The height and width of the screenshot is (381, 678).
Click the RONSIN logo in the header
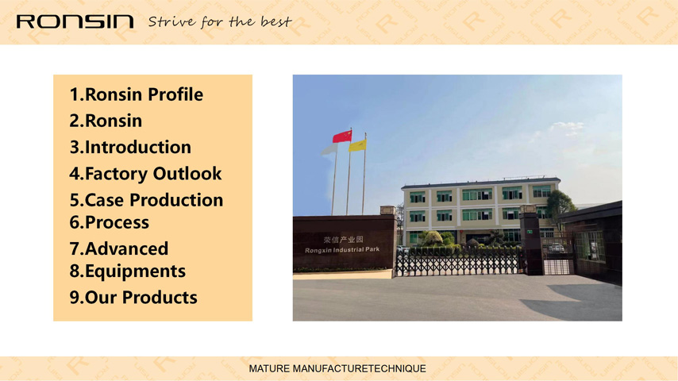tap(75, 21)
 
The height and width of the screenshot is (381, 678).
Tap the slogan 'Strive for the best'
tap(220, 21)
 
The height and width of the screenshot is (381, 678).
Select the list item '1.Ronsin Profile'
tap(137, 94)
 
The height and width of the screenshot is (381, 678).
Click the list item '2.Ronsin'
tap(106, 121)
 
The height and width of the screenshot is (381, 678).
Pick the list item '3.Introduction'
tap(130, 147)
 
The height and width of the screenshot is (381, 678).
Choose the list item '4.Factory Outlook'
tap(145, 173)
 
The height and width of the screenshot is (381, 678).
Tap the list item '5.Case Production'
tap(146, 200)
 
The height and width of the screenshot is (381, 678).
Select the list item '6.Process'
tap(109, 222)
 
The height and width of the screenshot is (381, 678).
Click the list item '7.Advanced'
tap(119, 248)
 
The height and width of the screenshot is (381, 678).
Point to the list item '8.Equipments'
tap(128, 271)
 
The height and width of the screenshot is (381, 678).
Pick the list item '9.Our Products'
tap(133, 298)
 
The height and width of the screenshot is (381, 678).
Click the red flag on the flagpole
tap(342, 137)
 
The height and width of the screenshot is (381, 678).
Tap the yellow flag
tap(357, 145)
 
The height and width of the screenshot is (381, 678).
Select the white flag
tap(329, 150)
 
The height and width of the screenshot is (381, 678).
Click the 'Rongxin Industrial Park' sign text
tap(342, 250)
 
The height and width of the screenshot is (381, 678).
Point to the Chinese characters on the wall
tap(343, 240)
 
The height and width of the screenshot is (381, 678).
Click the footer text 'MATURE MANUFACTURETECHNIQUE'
tap(337, 368)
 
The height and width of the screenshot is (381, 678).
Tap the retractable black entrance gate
tap(458, 262)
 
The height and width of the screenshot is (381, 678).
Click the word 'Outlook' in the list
tap(187, 173)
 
